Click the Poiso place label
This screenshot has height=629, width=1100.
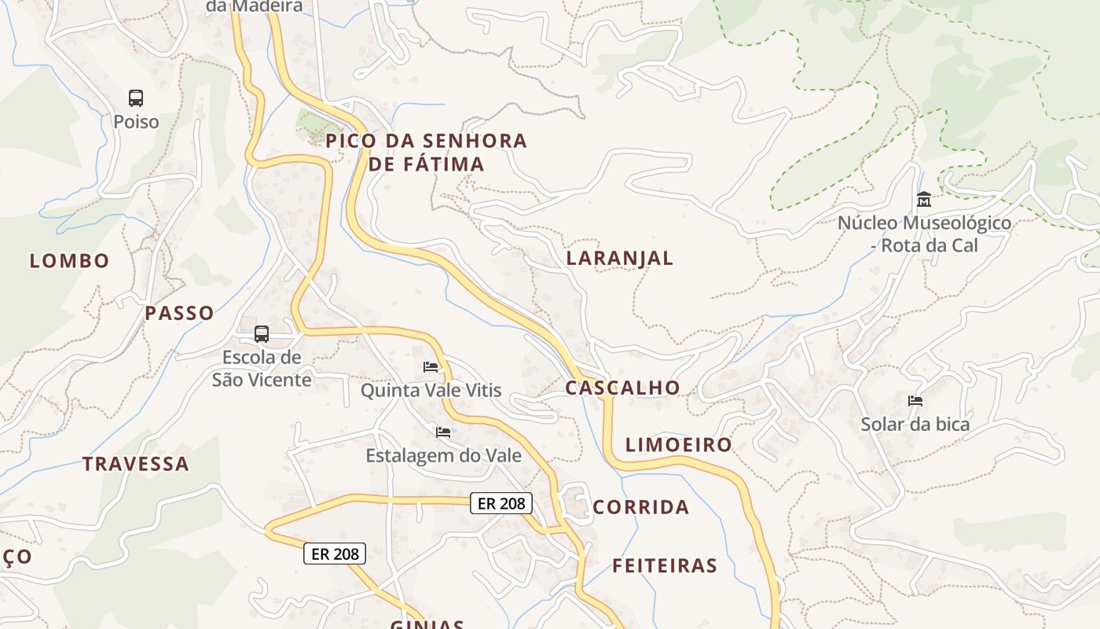coord(136,122)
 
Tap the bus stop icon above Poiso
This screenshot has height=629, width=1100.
coord(136,98)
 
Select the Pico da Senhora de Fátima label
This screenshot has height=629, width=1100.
coord(427,153)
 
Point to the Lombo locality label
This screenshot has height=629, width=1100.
coord(70,261)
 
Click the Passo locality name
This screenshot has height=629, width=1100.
coord(179,313)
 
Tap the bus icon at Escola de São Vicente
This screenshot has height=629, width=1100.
coord(262,334)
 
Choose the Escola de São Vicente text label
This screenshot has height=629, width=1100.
coord(262,369)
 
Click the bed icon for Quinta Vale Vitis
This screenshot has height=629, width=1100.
coord(431,367)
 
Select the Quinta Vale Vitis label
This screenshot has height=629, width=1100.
coord(431,391)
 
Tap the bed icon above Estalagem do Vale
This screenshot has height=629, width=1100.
coord(443,432)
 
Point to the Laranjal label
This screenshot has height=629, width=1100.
coord(620,259)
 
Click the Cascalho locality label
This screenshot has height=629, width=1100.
coord(622,388)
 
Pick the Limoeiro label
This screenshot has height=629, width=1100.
coord(679,445)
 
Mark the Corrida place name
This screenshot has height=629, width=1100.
coord(641,507)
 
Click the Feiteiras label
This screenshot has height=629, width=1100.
coord(665,565)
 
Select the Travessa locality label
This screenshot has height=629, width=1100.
coord(136,464)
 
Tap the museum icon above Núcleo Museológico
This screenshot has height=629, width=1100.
coord(924,199)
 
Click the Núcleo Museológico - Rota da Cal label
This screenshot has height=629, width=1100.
coord(924,234)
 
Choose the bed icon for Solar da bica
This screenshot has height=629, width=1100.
coord(915,401)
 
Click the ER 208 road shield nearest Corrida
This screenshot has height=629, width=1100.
coord(501,503)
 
